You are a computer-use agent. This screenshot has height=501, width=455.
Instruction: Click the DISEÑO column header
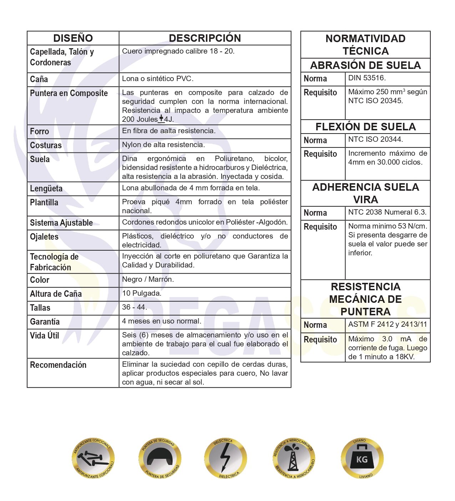tap(73, 38)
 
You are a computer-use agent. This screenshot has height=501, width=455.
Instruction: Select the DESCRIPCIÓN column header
tap(205, 38)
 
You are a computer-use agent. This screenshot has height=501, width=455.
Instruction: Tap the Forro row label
tap(40, 131)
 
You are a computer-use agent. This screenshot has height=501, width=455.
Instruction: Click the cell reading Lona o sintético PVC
tap(158, 79)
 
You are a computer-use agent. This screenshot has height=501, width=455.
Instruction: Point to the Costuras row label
tap(46, 145)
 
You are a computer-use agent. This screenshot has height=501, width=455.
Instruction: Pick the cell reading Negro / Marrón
tap(148, 279)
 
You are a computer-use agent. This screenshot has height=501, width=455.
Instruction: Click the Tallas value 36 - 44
tap(135, 307)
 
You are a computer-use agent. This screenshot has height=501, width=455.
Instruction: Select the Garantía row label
tap(45, 322)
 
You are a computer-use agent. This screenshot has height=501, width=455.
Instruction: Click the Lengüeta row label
tap(46, 189)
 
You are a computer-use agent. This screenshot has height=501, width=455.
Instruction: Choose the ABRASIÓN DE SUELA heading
tap(365, 65)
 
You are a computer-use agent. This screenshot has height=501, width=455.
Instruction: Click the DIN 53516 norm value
tap(367, 78)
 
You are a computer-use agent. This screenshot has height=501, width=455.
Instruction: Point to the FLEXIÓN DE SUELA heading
tap(365, 127)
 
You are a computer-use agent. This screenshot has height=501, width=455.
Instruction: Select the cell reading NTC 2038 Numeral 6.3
tap(387, 212)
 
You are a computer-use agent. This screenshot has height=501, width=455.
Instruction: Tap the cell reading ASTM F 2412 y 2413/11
tap(388, 324)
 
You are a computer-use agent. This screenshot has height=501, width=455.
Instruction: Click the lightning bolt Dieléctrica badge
tap(226, 459)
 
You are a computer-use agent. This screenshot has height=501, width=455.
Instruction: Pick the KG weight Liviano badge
tap(362, 459)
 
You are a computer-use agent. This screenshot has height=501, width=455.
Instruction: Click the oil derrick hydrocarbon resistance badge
tap(294, 459)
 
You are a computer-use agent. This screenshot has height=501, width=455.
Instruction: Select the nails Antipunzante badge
tap(93, 459)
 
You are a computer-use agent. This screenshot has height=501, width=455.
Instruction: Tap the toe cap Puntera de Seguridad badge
tap(160, 459)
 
